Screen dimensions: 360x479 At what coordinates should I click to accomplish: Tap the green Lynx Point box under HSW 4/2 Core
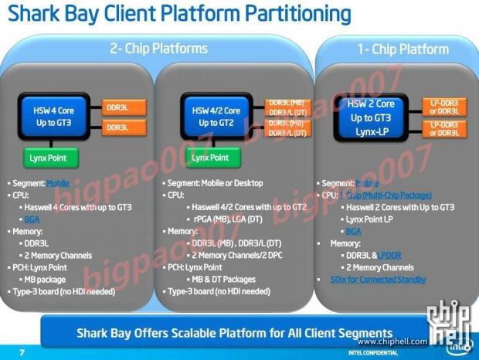tap(211, 158)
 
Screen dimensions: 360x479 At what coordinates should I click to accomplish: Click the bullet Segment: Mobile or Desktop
tap(216, 184)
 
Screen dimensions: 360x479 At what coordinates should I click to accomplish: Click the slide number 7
tap(22, 352)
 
